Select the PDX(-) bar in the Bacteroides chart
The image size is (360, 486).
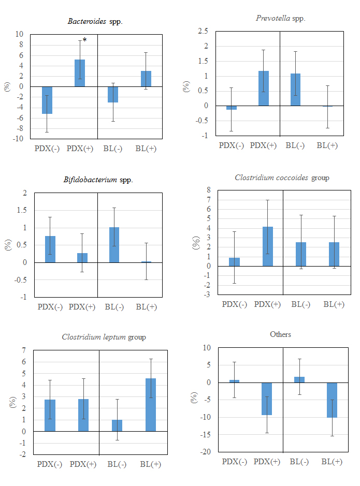(48, 100)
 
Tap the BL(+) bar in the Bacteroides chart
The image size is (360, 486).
(146, 79)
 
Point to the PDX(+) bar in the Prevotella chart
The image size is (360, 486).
(264, 89)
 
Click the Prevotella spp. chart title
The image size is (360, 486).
(280, 18)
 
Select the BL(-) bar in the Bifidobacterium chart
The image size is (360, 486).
(114, 245)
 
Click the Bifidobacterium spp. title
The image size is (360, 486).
(98, 180)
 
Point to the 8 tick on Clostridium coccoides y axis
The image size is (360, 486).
(208, 190)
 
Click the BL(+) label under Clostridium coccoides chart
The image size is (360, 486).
(334, 304)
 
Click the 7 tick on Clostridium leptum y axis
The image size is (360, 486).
(24, 350)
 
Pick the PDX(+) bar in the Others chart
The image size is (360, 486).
(267, 399)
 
